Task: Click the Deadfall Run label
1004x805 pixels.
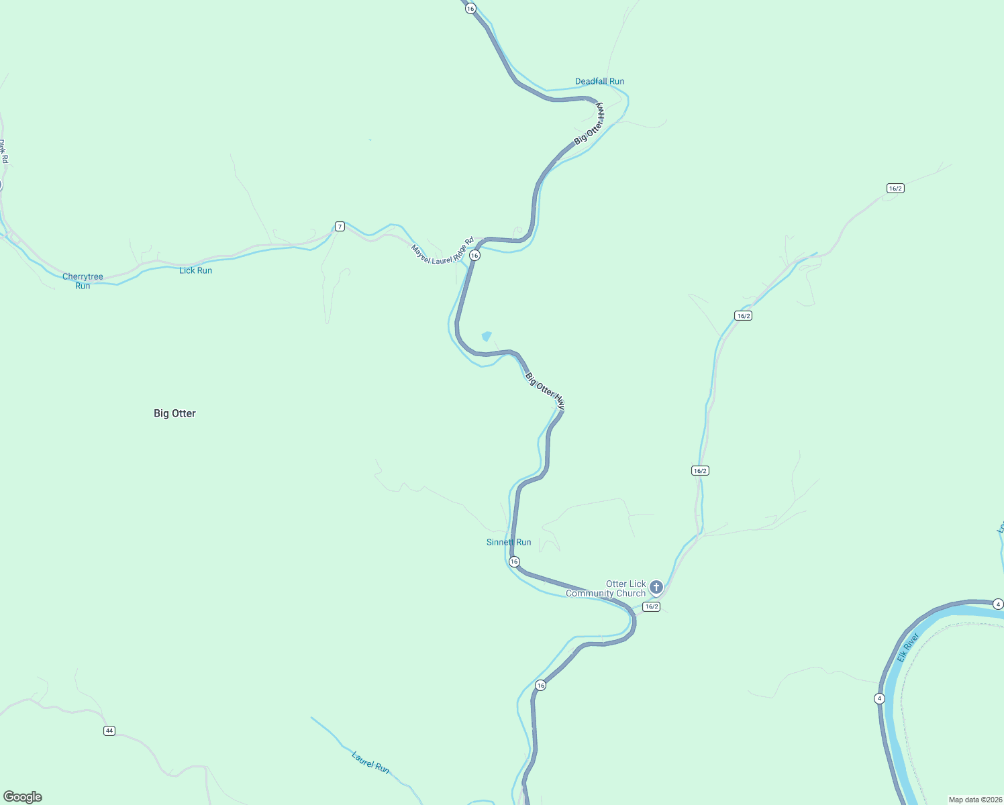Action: coord(599,81)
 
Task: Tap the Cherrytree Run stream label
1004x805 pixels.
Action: coord(83,281)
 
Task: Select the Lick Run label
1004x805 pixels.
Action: coord(195,270)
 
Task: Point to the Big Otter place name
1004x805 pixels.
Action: coord(174,413)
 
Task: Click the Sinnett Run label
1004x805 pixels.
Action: coord(509,542)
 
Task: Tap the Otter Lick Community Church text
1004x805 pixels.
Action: coord(606,589)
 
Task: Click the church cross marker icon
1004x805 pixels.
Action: coord(656,588)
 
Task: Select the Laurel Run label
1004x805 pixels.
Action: coord(370,763)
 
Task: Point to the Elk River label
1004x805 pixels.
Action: coord(908,647)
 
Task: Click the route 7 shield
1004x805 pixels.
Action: coord(340,227)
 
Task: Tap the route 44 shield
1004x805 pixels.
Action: coord(109,731)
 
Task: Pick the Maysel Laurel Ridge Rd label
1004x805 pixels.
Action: coord(443,250)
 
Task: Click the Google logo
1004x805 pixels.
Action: coord(23,797)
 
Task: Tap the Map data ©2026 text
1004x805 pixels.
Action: coord(974,800)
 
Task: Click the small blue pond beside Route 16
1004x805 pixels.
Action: coord(487,336)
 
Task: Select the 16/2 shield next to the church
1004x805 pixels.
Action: coord(651,606)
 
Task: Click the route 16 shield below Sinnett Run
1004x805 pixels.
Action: coord(514,561)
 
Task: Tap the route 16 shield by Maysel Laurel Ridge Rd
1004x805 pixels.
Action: coord(474,256)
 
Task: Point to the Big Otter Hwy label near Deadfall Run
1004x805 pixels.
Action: coord(590,124)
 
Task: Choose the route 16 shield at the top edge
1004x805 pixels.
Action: coord(470,8)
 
